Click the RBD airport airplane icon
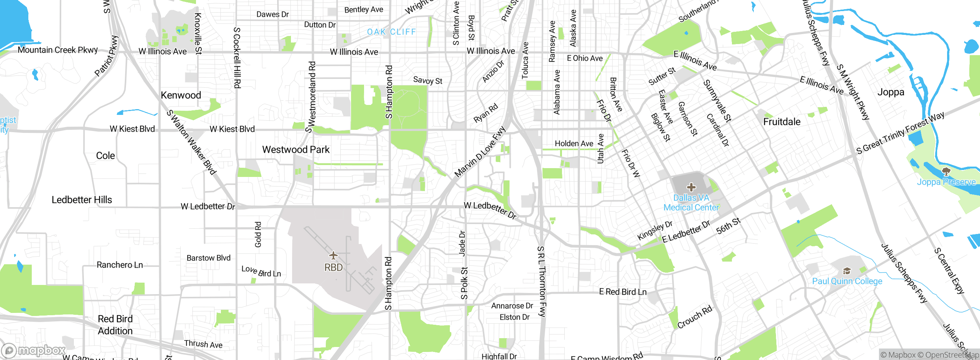point(333,255)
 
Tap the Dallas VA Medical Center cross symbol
point(691,187)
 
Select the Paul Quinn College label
point(847,281)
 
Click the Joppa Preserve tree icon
point(946,171)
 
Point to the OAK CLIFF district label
point(391,32)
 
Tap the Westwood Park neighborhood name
point(296,150)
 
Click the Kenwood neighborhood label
point(181,95)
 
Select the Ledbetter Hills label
point(82,200)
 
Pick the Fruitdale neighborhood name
point(782,122)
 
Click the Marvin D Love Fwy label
point(480,152)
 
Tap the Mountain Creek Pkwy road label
point(58,50)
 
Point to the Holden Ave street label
point(574,144)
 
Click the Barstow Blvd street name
point(208,258)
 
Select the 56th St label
point(728,226)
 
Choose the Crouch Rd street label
point(694,317)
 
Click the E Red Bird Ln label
point(622,292)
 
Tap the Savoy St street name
point(428,80)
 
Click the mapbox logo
point(34,350)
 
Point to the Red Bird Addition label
point(115,325)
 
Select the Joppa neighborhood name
point(890,92)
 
